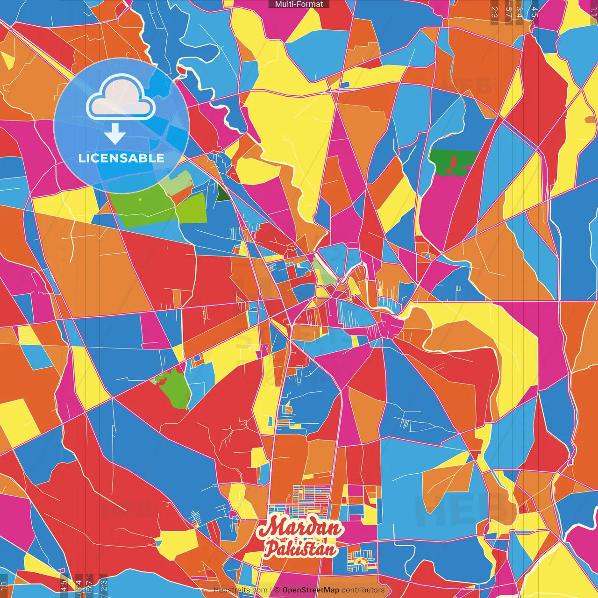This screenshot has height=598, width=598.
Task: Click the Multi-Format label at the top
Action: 299,4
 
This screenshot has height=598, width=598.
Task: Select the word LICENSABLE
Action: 121,158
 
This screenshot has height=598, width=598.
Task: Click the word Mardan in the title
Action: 300,528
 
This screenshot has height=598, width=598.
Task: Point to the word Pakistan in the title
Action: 300,548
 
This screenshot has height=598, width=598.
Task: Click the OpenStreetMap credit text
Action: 310,590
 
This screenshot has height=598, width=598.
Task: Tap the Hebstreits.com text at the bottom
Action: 241,590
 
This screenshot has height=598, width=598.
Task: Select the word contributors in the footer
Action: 363,590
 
